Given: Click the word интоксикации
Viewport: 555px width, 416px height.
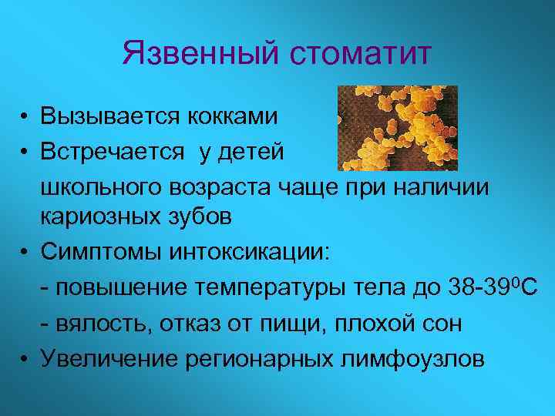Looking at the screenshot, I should click(x=240, y=250).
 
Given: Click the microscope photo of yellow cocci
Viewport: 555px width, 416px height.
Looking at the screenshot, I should click(x=399, y=128).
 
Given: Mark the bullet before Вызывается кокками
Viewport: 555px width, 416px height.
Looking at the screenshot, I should click(x=25, y=118).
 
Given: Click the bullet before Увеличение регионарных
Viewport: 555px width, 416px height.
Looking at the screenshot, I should click(x=25, y=357).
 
